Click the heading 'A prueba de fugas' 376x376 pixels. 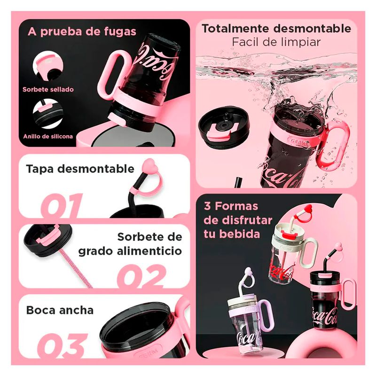coord(82,31)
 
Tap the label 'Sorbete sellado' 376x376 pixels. coord(48,89)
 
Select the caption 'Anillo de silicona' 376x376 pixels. coord(48,136)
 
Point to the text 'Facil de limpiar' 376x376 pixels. coord(276,42)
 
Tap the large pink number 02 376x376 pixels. coord(141,276)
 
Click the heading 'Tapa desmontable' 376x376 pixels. coord(80,169)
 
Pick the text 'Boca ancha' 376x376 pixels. coord(60,310)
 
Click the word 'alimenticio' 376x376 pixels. coord(149,251)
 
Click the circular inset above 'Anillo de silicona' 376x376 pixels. coord(48,114)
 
